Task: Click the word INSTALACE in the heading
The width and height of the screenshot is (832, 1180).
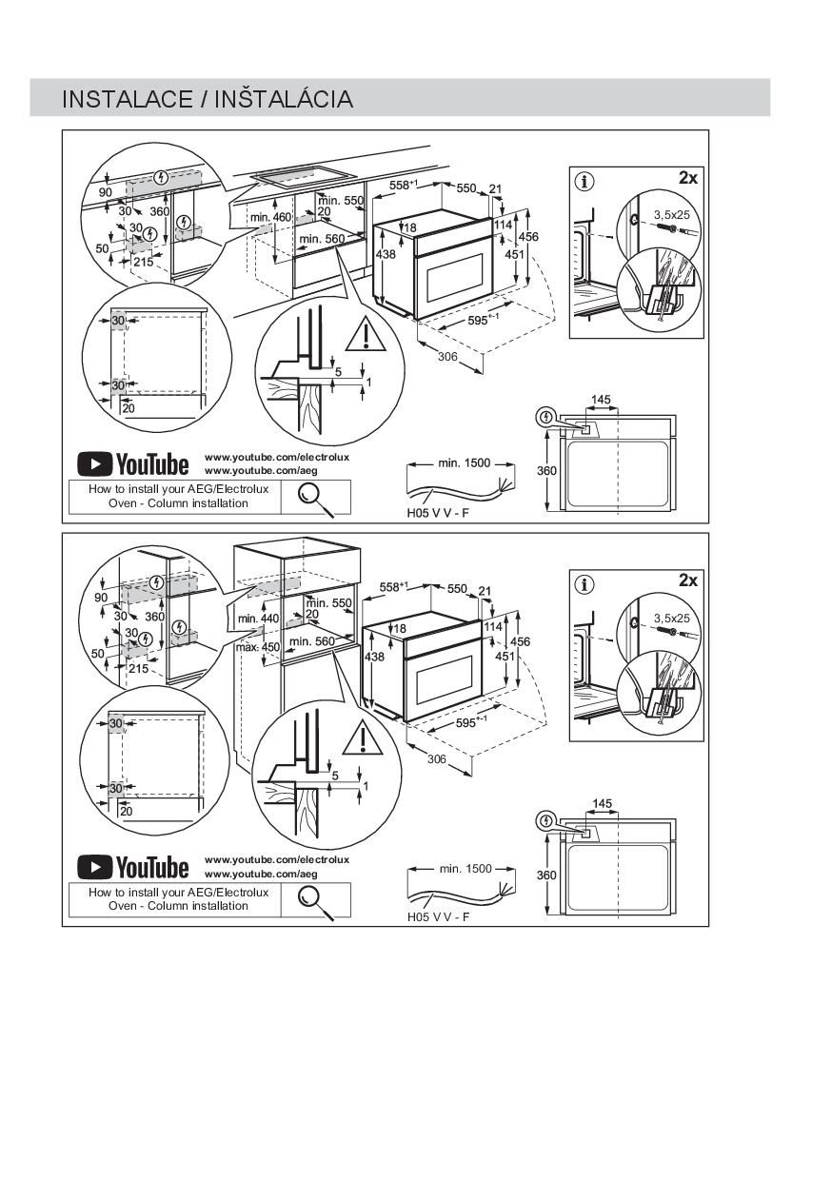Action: [127, 99]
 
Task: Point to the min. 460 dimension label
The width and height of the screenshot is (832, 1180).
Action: [270, 217]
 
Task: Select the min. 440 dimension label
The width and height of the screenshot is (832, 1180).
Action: [258, 619]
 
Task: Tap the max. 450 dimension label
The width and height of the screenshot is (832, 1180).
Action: [258, 647]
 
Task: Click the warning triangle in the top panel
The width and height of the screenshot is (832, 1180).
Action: [366, 335]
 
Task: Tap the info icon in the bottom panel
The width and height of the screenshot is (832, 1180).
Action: [584, 584]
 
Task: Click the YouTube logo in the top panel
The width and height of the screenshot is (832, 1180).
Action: [132, 464]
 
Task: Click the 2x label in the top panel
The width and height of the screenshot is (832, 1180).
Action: [687, 179]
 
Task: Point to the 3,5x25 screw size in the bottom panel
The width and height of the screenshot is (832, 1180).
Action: [671, 618]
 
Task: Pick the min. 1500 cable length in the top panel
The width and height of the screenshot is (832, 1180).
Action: [465, 463]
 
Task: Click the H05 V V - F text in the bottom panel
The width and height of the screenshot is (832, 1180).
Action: [438, 917]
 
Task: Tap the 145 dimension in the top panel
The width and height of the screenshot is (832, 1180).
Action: [601, 400]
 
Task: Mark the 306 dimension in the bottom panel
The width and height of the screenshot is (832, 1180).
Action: [437, 759]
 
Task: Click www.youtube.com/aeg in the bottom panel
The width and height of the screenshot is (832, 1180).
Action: [261, 874]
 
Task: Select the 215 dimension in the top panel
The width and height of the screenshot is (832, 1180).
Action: [144, 262]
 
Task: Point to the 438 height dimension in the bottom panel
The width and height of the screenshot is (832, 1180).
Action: [375, 657]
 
